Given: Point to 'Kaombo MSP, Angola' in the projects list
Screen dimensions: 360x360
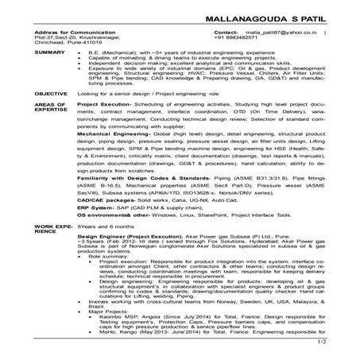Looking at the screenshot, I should coord(130,316).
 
